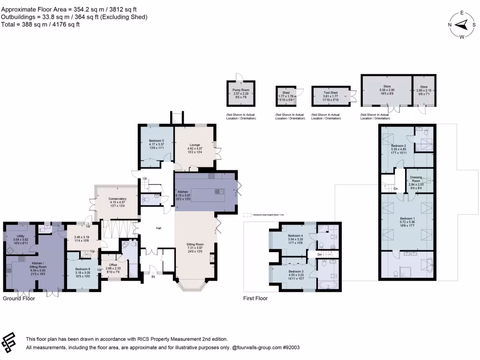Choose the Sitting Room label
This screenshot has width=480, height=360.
coord(196,244)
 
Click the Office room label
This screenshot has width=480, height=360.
coord(113,265)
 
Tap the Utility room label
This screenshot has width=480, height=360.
coord(20,235)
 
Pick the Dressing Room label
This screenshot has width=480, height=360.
coord(416,179)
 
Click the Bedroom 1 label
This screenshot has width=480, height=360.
coord(407,219)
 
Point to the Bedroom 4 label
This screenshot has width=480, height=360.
coord(295,235)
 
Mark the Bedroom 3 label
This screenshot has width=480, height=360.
coord(295,272)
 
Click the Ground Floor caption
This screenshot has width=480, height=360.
coord(19,298)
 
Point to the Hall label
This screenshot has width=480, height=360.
coord(159,228)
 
